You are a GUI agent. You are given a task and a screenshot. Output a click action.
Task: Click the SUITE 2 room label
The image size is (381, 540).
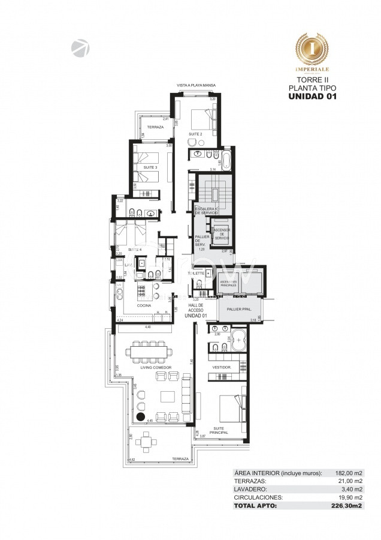tap(195, 134)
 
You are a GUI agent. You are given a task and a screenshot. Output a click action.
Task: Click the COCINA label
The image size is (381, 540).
tap(143, 305)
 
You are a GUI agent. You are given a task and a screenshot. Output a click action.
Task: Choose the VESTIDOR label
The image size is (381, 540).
tap(221, 367)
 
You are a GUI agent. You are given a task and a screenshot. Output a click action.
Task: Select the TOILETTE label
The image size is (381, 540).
tap(196, 274)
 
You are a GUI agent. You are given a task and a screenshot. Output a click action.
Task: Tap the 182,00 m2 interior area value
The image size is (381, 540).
tap(349, 473)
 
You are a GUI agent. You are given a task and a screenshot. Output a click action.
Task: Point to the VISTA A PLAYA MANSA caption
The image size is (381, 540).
tap(196, 85)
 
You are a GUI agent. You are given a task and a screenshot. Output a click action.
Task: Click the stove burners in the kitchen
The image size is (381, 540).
tap(144, 291)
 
